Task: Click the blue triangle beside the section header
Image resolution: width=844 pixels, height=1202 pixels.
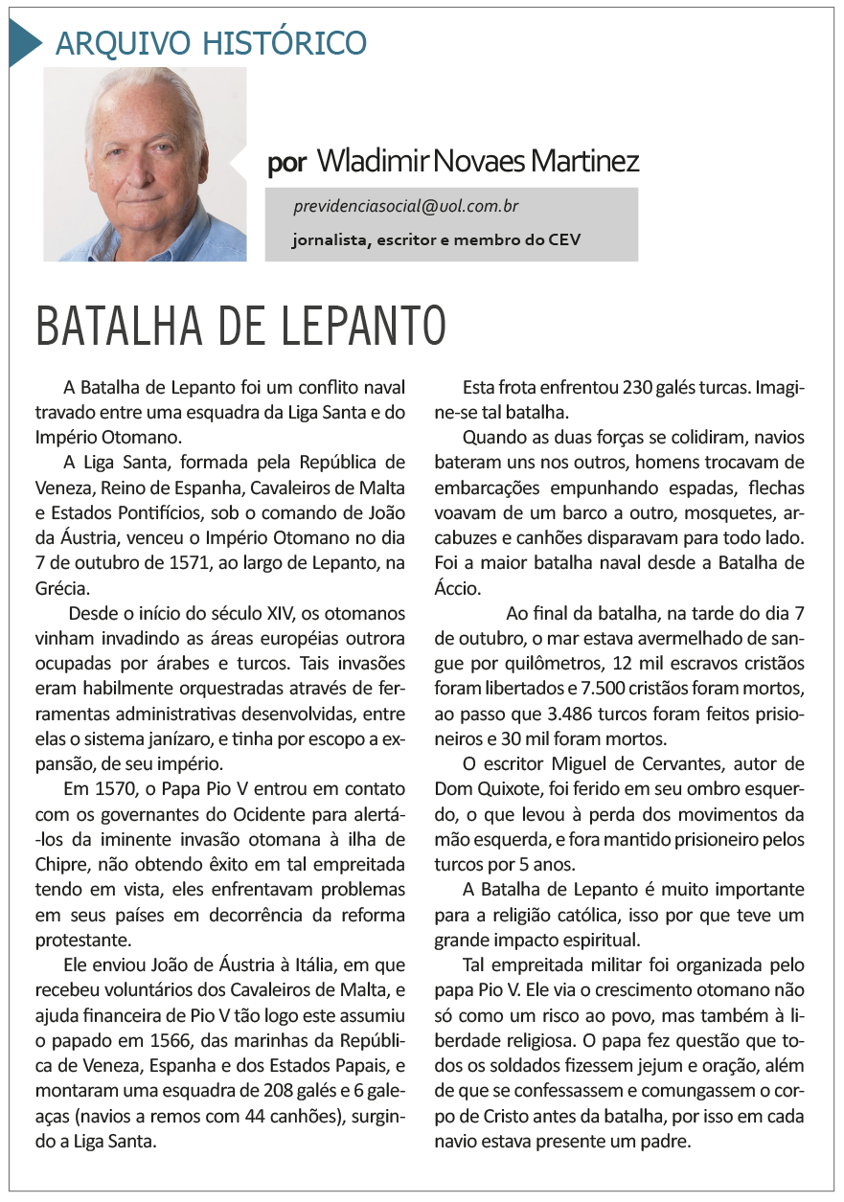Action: click(24, 43)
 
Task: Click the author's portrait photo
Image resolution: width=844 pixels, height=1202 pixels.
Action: click(145, 165)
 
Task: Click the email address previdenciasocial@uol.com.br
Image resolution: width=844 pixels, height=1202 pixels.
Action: click(407, 207)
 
